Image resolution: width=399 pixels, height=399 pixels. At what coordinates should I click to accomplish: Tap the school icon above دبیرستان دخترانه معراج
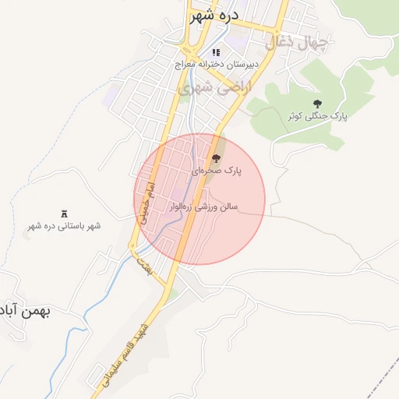(217, 52)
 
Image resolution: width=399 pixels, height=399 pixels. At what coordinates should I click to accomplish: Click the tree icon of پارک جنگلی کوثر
(316, 103)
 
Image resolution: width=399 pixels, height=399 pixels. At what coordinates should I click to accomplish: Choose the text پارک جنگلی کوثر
(316, 116)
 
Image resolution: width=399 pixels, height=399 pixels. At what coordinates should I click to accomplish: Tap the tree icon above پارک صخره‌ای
(217, 158)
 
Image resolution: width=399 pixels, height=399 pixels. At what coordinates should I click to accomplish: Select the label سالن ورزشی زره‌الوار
(205, 207)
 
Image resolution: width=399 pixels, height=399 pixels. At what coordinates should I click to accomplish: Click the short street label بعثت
(143, 264)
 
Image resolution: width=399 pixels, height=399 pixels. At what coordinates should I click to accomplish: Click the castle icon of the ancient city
(65, 214)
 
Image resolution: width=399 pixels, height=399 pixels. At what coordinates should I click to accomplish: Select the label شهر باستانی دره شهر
(65, 226)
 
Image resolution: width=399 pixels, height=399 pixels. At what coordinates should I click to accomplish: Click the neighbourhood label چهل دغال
(297, 43)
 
